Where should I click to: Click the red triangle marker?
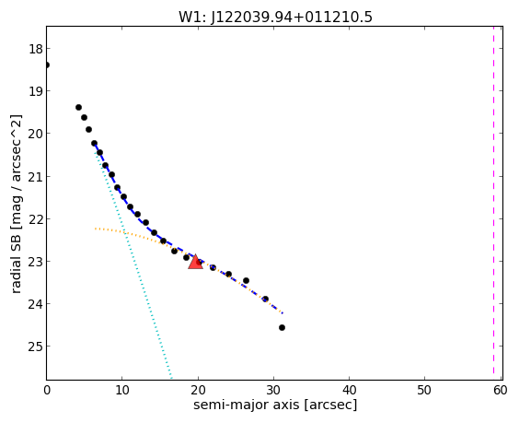click(195, 262)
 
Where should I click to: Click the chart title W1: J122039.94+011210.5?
click(275, 17)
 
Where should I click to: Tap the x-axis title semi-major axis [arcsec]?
click(275, 405)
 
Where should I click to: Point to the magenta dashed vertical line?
click(493, 203)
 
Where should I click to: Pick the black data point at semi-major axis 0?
click(47, 65)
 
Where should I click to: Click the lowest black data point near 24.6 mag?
click(282, 327)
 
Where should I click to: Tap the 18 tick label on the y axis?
click(35, 49)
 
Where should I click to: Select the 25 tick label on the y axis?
click(35, 347)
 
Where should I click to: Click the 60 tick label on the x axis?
click(500, 390)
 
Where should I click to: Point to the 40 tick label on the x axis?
click(349, 390)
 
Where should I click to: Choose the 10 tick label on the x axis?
click(122, 390)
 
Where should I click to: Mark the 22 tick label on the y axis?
click(35, 219)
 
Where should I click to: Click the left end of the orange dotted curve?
click(96, 229)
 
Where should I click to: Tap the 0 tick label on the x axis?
click(47, 390)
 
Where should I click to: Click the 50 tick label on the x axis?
click(424, 390)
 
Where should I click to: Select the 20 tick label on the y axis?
click(35, 134)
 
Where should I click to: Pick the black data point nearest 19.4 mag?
click(78, 107)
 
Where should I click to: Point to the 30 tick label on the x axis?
click(273, 390)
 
